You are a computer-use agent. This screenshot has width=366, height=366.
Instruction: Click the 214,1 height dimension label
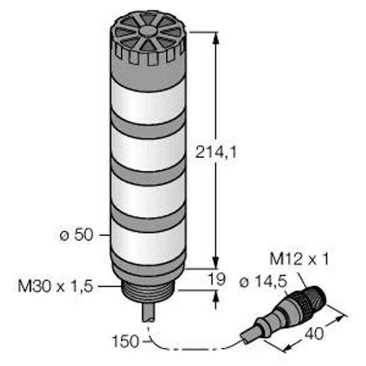tap(216, 152)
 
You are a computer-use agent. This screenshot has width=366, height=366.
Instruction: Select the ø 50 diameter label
tap(77, 235)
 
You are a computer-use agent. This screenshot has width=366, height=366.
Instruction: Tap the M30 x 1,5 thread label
tap(56, 286)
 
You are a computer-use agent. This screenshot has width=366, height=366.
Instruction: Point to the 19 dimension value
tap(217, 279)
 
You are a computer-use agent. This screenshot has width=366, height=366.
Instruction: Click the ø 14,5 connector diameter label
tap(264, 282)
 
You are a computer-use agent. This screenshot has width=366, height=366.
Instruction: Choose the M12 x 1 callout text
tap(299, 259)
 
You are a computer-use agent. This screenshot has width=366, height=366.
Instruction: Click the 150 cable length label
tap(126, 342)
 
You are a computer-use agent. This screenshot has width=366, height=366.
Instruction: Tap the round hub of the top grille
tap(148, 31)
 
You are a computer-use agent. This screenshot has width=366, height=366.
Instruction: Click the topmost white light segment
tap(148, 101)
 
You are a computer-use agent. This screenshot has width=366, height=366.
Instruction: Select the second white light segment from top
tap(148, 149)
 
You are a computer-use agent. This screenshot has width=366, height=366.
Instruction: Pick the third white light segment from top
tap(148, 196)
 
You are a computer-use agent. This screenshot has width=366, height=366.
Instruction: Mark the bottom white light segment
tap(148, 242)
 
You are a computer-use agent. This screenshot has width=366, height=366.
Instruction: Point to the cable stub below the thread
tap(148, 313)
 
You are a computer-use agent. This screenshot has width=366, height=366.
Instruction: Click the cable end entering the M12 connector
tap(248, 336)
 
